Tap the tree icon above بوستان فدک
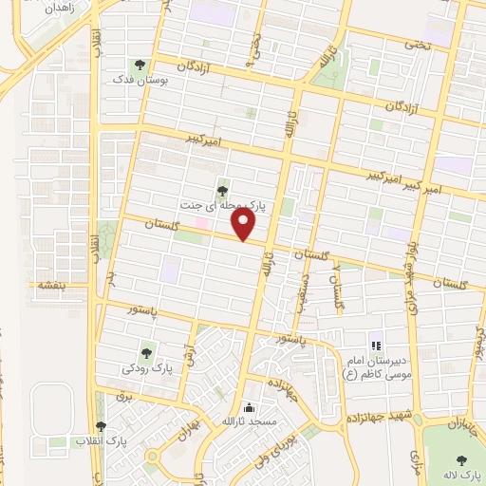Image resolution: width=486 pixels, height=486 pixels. click(x=140, y=65)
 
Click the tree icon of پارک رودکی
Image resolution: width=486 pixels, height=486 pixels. click(x=146, y=351)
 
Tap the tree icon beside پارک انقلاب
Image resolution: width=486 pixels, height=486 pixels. click(x=101, y=427)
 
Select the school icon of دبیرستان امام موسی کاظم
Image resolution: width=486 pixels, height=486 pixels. click(x=375, y=345)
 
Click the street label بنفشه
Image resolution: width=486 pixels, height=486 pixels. click(x=48, y=285)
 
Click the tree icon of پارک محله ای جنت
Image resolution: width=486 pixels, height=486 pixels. click(x=222, y=191)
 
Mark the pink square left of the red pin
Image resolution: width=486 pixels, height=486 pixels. click(x=201, y=223)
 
